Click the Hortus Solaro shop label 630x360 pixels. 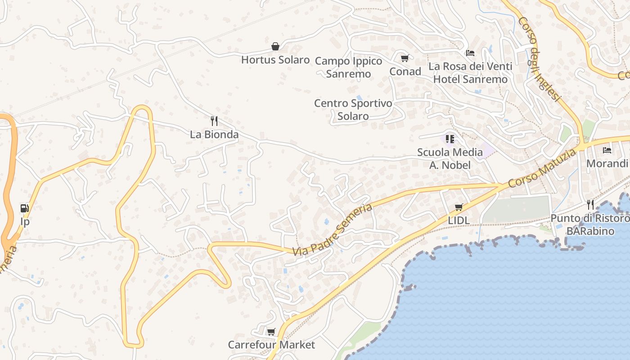click(275, 60)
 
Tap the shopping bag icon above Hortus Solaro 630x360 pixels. click(275, 46)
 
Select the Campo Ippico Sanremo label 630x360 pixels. click(348, 67)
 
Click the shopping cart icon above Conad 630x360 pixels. click(405, 58)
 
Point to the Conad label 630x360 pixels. click(405, 72)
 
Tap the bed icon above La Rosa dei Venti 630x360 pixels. click(470, 53)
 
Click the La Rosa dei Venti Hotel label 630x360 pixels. click(470, 73)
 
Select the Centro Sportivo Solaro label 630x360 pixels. click(353, 110)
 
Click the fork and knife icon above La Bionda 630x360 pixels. click(214, 121)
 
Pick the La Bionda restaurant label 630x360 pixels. click(214, 135)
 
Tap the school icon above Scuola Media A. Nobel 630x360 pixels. click(450, 139)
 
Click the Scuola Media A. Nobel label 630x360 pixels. click(450, 159)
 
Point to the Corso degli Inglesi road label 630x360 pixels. click(540, 59)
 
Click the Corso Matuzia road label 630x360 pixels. click(542, 169)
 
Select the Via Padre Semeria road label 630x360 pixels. click(333, 230)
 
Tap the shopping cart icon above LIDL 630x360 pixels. click(459, 207)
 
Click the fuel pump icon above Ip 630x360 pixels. click(25, 208)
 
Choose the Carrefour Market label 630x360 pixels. click(271, 345)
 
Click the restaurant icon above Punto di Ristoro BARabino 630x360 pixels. click(590, 205)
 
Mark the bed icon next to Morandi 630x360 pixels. click(607, 150)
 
